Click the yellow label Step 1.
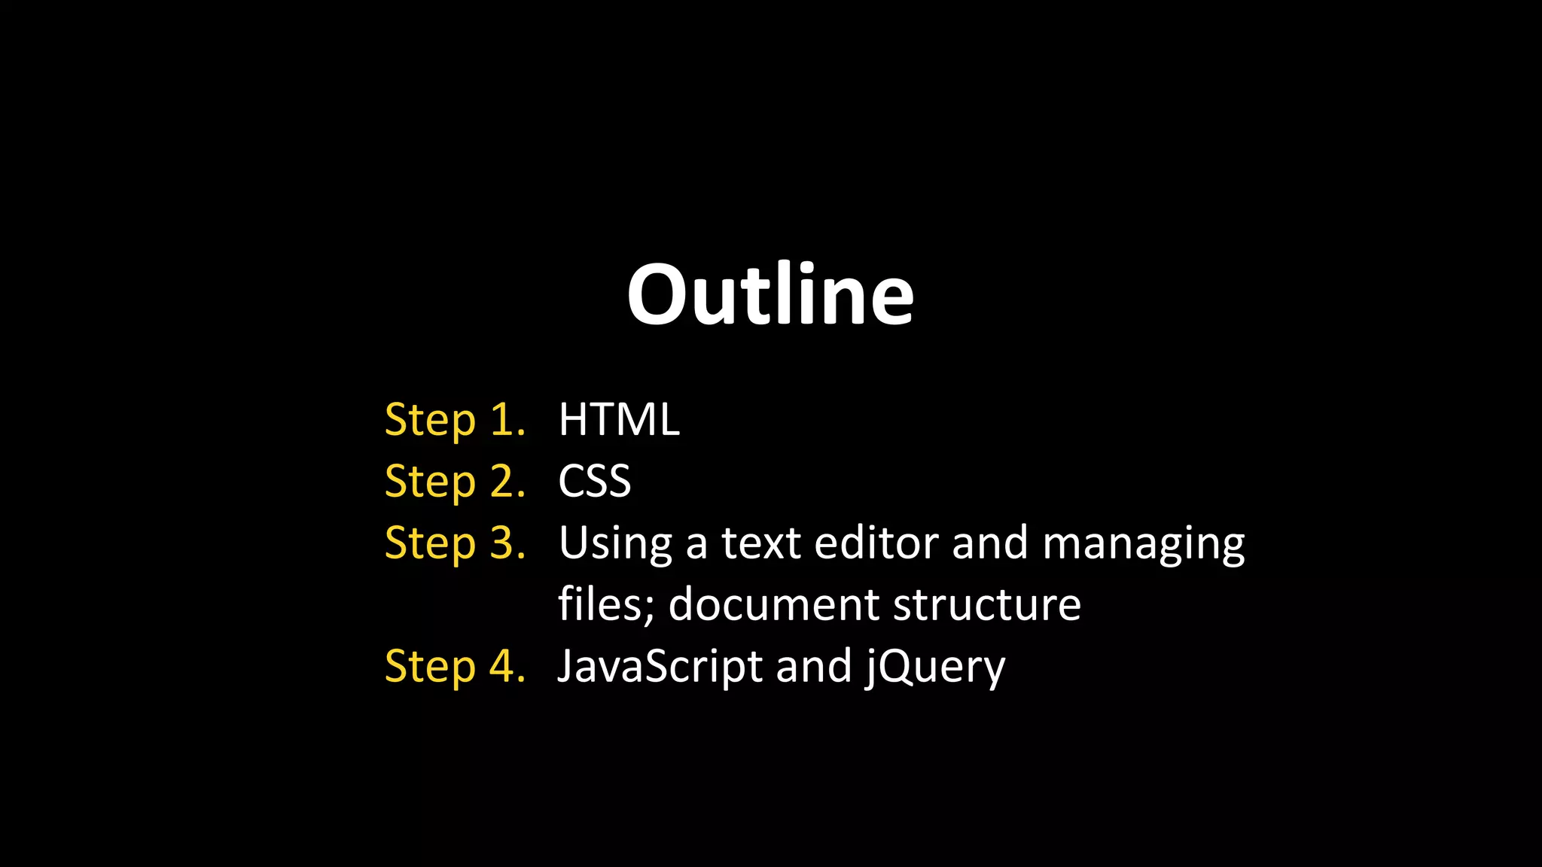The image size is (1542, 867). [455, 420]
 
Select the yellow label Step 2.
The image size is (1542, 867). [455, 482]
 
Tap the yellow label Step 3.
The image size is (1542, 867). [455, 543]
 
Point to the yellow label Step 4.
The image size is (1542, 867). [455, 667]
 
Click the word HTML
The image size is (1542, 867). [619, 420]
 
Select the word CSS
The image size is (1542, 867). [594, 482]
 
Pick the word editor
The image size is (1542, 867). [876, 543]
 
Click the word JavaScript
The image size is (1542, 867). [660, 667]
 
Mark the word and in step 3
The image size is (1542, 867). [989, 543]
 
